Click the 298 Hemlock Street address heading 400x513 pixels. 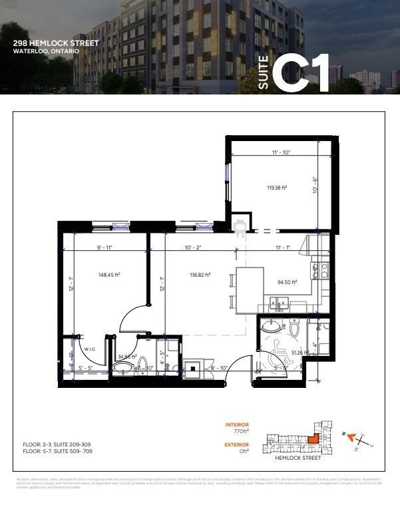click(56, 43)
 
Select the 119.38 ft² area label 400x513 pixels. click(276, 187)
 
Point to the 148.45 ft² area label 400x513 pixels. click(108, 273)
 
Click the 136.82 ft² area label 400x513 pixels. click(200, 274)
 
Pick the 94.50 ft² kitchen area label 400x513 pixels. click(286, 281)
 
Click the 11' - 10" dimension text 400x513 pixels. click(281, 153)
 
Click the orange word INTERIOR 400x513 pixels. click(237, 424)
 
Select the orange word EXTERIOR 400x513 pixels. click(237, 444)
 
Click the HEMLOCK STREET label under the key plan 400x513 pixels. click(299, 458)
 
